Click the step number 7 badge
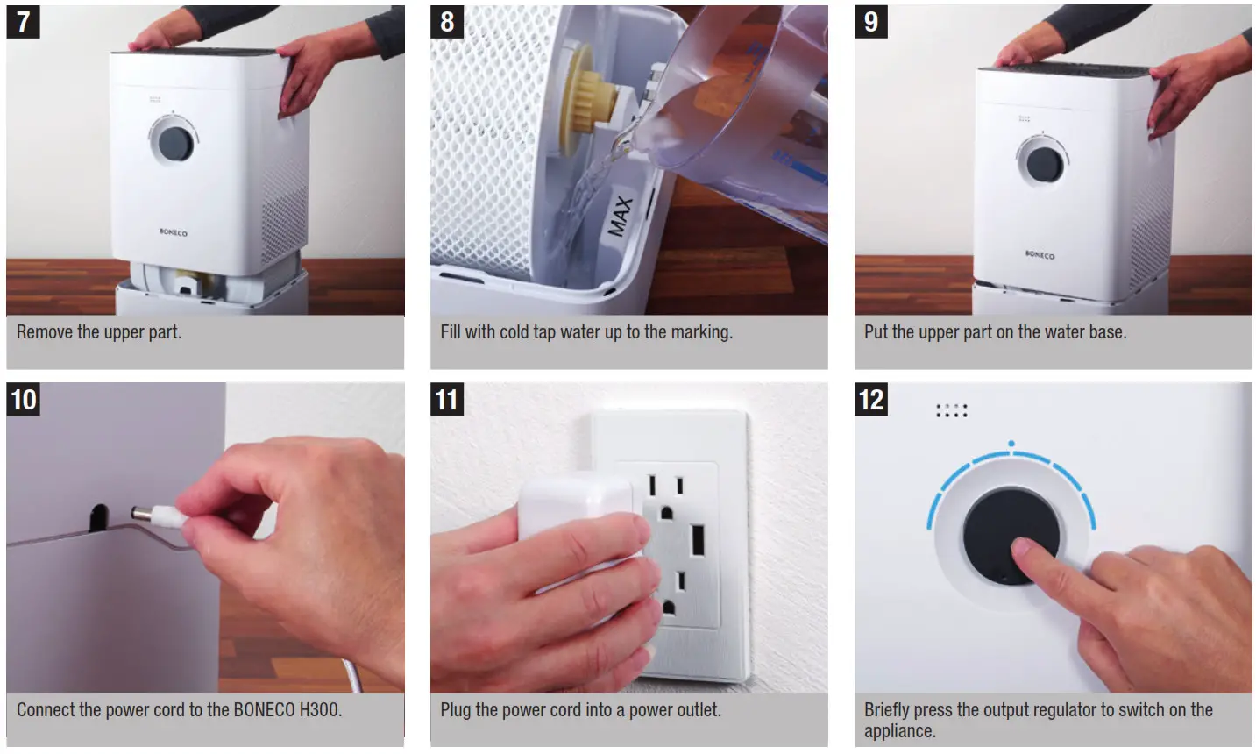[x=23, y=22]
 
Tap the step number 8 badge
[x=447, y=22]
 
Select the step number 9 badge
[x=870, y=22]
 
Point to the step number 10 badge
[x=24, y=400]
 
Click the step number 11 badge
[x=447, y=400]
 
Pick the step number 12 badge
[x=870, y=400]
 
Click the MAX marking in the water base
[x=620, y=216]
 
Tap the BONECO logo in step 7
[x=173, y=232]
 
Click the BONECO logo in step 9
[x=1040, y=255]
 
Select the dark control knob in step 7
[x=174, y=144]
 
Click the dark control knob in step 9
[x=1044, y=165]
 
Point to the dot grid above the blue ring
[x=951, y=410]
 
